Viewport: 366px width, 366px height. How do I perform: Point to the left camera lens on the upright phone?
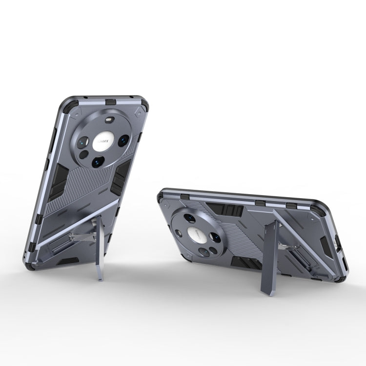pyautogui.click(x=81, y=142)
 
